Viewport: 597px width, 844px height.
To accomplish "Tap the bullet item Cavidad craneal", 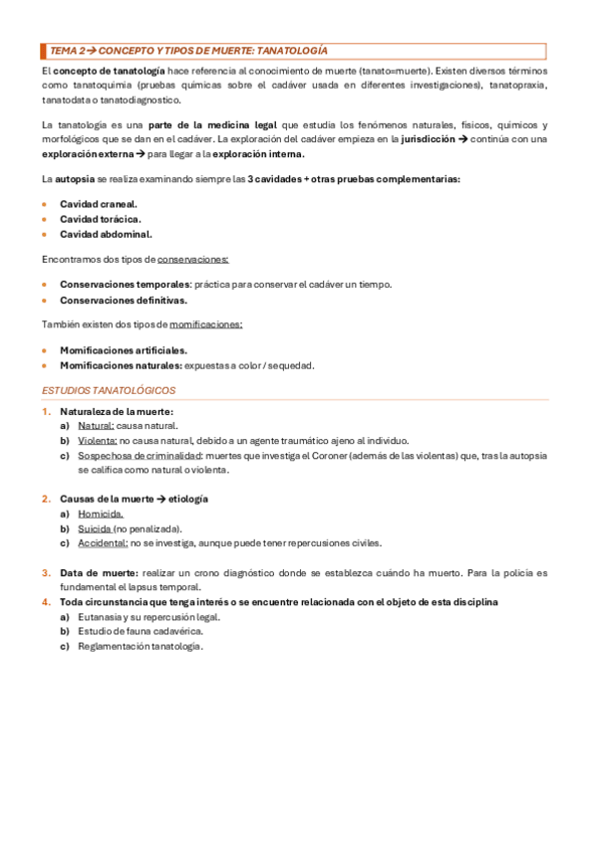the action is click(x=99, y=203).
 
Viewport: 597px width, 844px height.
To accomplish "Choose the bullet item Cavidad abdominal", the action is click(x=106, y=234).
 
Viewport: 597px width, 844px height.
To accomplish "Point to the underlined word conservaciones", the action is click(x=193, y=260).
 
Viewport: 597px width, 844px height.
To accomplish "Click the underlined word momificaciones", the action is click(x=206, y=324).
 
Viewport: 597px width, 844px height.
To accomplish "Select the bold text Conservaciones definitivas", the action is click(x=124, y=300).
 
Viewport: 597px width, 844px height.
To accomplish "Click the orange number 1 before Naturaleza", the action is click(x=45, y=411).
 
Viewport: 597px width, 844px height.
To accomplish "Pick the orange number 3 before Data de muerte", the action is click(x=45, y=573).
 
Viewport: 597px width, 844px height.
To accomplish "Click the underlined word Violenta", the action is click(x=98, y=441).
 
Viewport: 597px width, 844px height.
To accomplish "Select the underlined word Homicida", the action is click(x=101, y=514).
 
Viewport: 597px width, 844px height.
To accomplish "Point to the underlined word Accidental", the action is click(x=103, y=543).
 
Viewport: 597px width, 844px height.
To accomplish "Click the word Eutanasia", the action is click(x=101, y=617).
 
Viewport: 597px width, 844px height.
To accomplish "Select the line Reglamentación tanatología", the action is click(x=141, y=647).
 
